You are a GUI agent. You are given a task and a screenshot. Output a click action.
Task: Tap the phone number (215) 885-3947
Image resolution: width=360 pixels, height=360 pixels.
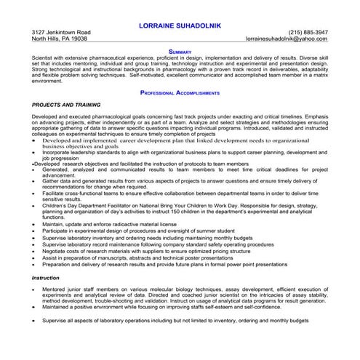point(308,33)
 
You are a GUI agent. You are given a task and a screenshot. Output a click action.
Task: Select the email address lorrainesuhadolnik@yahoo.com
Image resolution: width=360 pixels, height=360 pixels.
point(287,39)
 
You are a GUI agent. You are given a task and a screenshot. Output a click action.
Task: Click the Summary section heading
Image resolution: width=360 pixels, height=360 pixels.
point(180,52)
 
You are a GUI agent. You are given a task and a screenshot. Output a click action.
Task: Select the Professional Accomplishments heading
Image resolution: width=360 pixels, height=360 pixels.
point(180,93)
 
